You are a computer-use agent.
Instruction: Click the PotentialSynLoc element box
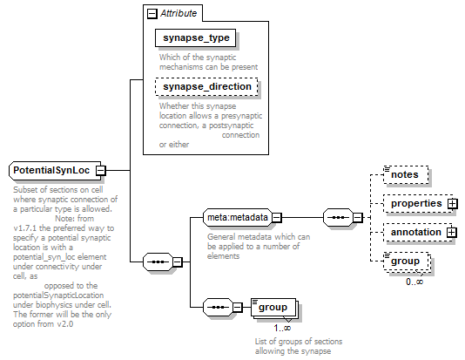(55, 171)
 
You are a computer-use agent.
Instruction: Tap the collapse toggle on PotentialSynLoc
(101, 171)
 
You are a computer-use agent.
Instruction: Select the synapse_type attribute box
(196, 38)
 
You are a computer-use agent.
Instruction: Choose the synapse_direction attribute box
(206, 86)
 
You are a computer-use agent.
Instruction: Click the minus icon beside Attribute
(152, 14)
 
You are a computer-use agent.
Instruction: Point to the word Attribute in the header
(179, 13)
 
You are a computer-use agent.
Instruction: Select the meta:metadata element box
(238, 218)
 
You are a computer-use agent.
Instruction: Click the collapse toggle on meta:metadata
(276, 218)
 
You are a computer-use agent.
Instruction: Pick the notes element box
(406, 174)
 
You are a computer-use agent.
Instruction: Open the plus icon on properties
(453, 204)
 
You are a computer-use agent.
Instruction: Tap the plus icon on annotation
(451, 232)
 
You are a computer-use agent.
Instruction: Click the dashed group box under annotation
(406, 262)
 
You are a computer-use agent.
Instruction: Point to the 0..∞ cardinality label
(414, 282)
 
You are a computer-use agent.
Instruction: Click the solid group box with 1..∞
(273, 307)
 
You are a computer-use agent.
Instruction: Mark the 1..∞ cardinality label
(282, 328)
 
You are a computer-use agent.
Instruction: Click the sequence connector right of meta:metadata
(339, 218)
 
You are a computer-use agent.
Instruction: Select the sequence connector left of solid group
(218, 307)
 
